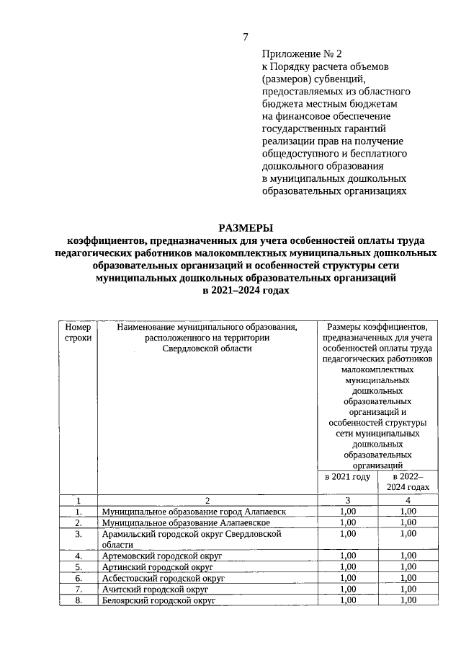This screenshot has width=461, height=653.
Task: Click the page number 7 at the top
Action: click(246, 37)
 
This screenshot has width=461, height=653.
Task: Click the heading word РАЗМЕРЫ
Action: click(246, 228)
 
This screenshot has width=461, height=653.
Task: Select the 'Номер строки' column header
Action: click(77, 332)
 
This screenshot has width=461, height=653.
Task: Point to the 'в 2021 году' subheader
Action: click(347, 476)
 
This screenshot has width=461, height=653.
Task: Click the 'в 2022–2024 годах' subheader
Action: click(408, 481)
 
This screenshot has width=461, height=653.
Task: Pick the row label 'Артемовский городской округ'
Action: click(162, 556)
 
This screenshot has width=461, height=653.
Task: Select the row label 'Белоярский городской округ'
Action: click(158, 600)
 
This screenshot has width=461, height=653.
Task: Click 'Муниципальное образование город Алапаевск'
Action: click(194, 511)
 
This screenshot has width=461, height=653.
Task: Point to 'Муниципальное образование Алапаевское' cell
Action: click(186, 522)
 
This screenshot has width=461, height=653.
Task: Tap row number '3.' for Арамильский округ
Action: click(77, 534)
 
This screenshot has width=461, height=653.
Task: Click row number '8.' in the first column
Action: click(77, 600)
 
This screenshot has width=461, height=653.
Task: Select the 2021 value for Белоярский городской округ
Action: click(347, 600)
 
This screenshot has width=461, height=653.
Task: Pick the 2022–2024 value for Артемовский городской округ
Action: click(408, 556)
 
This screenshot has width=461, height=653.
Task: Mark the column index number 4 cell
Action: click(408, 500)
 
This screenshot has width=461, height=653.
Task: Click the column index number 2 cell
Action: click(207, 500)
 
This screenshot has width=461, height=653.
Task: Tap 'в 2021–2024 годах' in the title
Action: click(246, 289)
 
